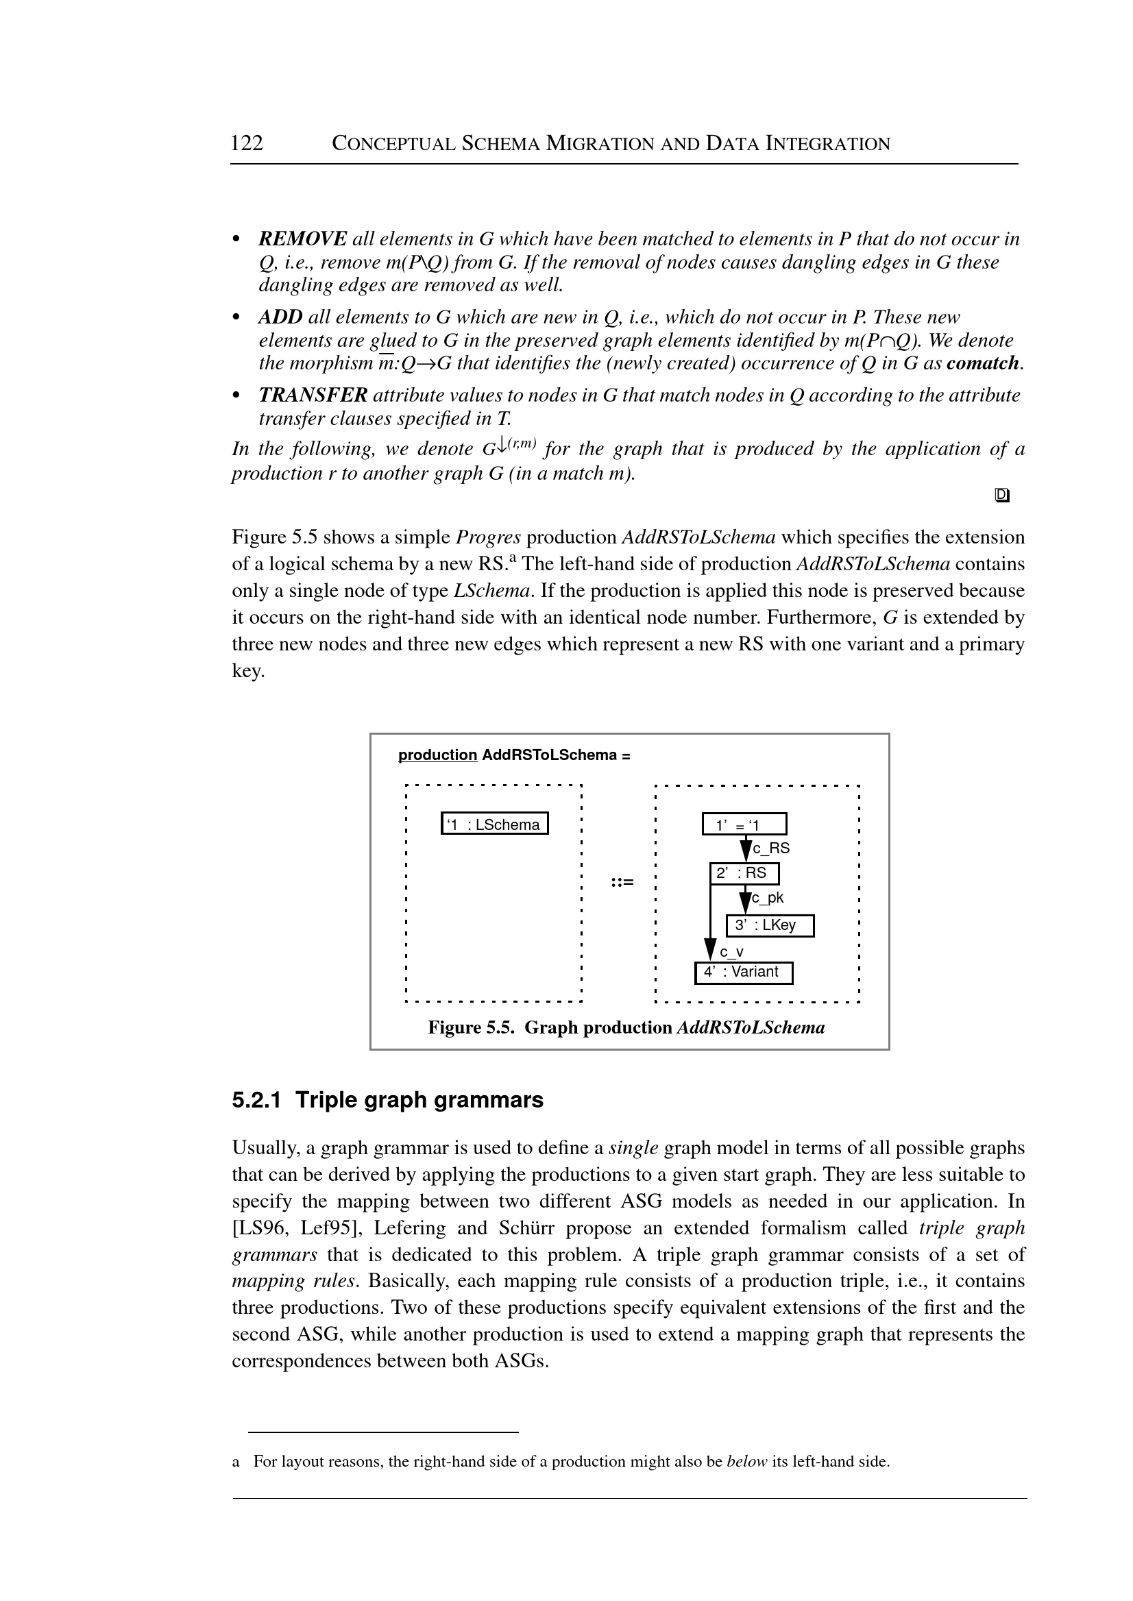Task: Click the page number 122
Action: pyautogui.click(x=246, y=143)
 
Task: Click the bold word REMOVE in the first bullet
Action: pyautogui.click(x=302, y=239)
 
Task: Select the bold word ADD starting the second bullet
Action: pyautogui.click(x=280, y=317)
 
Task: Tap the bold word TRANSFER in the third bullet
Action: pyautogui.click(x=313, y=395)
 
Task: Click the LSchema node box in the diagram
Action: pyautogui.click(x=495, y=824)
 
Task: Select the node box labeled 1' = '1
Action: pyautogui.click(x=744, y=824)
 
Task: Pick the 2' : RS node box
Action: pyautogui.click(x=744, y=873)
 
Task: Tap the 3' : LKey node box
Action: pyautogui.click(x=770, y=926)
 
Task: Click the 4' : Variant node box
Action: pyautogui.click(x=744, y=973)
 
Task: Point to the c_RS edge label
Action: pyautogui.click(x=771, y=849)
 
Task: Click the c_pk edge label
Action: pyautogui.click(x=768, y=899)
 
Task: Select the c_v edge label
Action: pyautogui.click(x=731, y=951)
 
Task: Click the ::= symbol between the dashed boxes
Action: pyautogui.click(x=622, y=883)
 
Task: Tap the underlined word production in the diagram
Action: pyautogui.click(x=437, y=755)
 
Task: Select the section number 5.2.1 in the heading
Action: pyautogui.click(x=256, y=1100)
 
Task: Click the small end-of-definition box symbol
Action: pyautogui.click(x=1002, y=496)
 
